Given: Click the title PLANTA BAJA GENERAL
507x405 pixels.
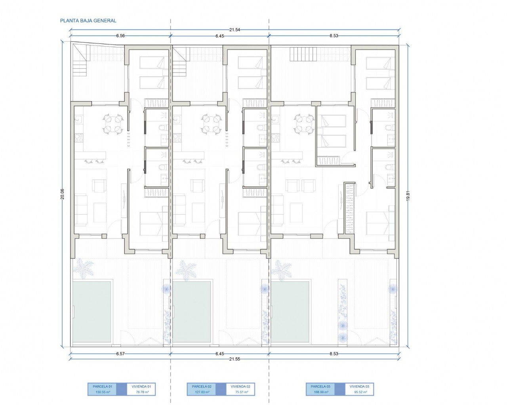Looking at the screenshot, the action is (x=88, y=21).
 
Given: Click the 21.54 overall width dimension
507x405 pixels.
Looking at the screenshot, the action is (x=234, y=30).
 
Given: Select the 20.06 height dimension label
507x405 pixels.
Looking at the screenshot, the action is (x=62, y=194).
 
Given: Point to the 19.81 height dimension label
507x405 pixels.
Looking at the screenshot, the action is (x=408, y=195).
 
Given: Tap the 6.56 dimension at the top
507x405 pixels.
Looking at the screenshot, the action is (x=120, y=36).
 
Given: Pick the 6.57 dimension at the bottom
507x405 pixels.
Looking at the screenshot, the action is (x=120, y=354).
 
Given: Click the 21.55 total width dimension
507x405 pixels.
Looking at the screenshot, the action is (x=234, y=359).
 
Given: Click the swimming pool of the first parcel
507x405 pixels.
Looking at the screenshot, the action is (x=92, y=312).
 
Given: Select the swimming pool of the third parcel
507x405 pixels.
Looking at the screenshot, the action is (x=290, y=312).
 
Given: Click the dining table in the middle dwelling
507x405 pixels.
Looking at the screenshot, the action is (x=212, y=124).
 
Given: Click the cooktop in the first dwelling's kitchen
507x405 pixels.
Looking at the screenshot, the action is (x=79, y=138).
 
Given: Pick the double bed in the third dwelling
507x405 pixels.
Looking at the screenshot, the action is (x=380, y=223).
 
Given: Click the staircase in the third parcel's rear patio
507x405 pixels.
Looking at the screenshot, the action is (x=298, y=54).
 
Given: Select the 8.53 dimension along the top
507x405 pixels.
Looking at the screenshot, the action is (x=334, y=36).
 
